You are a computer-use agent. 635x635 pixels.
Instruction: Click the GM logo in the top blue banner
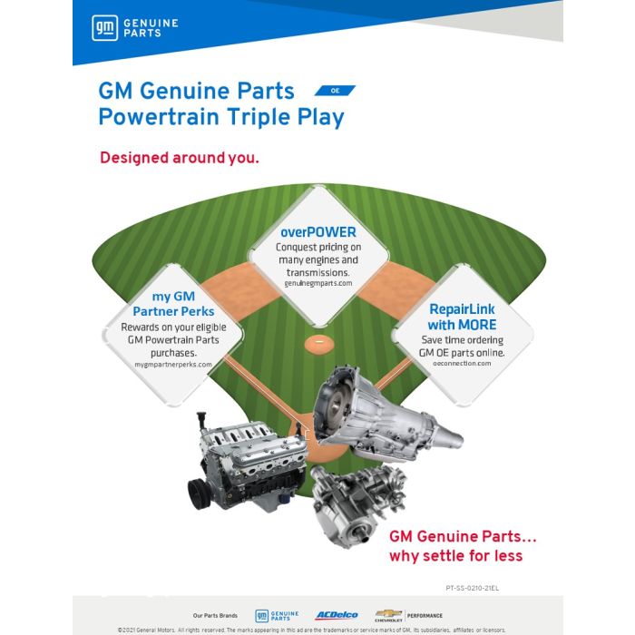pyautogui.click(x=104, y=28)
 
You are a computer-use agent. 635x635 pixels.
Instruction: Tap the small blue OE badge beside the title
pyautogui.click(x=335, y=91)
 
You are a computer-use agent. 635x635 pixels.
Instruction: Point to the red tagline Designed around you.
pyautogui.click(x=180, y=158)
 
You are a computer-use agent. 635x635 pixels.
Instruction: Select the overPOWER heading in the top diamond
pyautogui.click(x=317, y=231)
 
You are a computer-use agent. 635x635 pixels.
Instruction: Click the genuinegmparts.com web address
pyautogui.click(x=317, y=283)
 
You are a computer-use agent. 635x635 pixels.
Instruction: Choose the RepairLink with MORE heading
pyautogui.click(x=462, y=317)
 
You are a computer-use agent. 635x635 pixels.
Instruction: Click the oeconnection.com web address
pyautogui.click(x=462, y=363)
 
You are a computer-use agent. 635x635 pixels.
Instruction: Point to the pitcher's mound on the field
pyautogui.click(x=317, y=342)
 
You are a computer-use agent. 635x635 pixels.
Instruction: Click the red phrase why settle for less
pyautogui.click(x=455, y=556)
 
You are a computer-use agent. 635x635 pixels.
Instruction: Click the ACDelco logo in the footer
pyautogui.click(x=336, y=615)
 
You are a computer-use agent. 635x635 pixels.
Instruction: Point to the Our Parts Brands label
pyautogui.click(x=215, y=615)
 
